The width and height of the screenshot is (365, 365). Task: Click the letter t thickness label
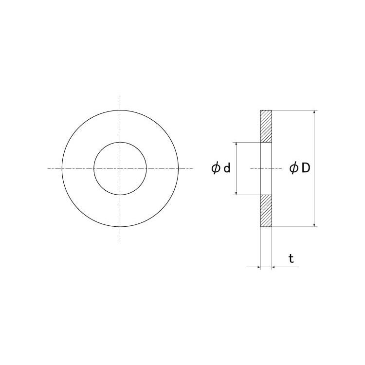(x=291, y=258)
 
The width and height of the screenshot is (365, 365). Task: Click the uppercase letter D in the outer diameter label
(x=306, y=168)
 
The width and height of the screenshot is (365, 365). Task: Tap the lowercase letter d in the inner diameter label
(x=227, y=168)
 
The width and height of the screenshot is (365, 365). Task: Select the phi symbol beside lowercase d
(x=216, y=168)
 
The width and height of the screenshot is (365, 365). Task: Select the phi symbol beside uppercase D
(x=294, y=168)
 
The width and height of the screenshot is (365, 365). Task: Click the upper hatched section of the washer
(x=266, y=126)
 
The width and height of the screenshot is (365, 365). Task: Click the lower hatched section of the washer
(x=266, y=211)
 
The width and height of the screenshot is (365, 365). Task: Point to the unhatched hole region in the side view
(x=266, y=168)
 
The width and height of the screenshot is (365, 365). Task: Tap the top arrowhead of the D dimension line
(x=314, y=112)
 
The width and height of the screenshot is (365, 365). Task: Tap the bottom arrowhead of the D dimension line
(x=314, y=225)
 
